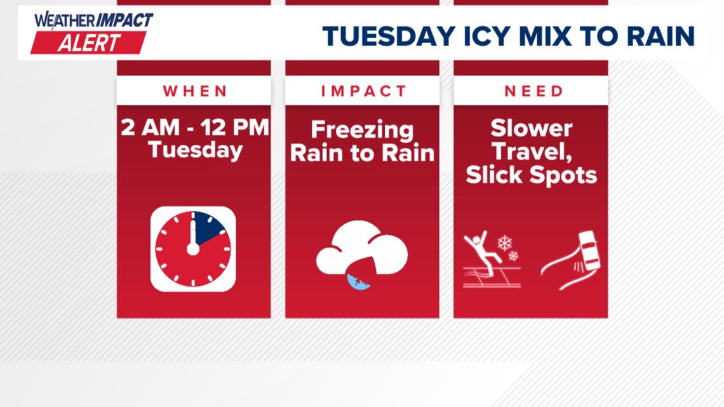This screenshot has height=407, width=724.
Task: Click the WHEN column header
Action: click(x=194, y=91)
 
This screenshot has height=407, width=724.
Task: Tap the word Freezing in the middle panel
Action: click(x=362, y=130)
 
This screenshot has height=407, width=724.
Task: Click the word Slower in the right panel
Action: click(x=531, y=129)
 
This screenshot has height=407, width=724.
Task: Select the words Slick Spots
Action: click(x=531, y=175)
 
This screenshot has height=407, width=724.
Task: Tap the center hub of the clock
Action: click(x=193, y=249)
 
